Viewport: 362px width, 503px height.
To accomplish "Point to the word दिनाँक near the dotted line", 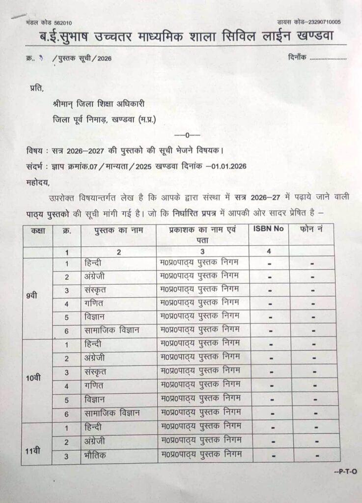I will click(x=297, y=57).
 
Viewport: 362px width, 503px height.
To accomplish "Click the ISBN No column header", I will click(x=269, y=229).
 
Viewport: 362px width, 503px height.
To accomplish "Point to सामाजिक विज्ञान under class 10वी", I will click(x=111, y=414).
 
